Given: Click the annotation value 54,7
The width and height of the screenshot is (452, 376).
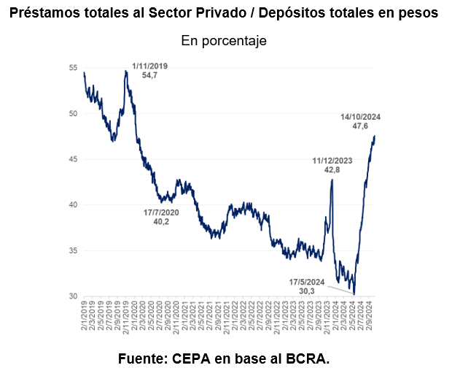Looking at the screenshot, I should point(149,75).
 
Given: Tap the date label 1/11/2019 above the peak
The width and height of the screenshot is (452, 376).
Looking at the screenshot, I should point(149,66).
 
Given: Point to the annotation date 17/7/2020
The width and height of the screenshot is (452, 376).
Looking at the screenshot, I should point(160,212).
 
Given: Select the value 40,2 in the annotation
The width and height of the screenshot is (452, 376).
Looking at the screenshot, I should point(160,221).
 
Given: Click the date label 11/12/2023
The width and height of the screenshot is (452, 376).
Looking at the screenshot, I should point(332,160).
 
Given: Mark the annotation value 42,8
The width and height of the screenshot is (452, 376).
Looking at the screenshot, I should point(332,169).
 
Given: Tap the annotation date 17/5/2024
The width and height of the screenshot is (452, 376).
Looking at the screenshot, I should point(306,281).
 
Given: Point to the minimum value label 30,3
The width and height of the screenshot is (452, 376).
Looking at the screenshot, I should point(306,291).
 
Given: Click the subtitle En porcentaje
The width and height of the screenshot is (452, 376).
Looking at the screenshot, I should point(224,42).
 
